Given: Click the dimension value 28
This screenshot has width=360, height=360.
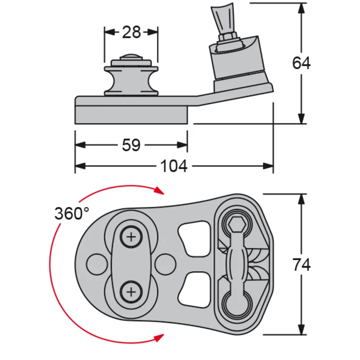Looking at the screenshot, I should (131, 32).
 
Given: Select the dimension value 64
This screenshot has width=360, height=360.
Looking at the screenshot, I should (301, 63).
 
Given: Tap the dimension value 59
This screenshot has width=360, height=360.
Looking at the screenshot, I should (131, 145).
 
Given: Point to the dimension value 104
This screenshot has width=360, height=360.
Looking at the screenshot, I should (174, 166).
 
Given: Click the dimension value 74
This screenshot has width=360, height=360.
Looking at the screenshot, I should (301, 265).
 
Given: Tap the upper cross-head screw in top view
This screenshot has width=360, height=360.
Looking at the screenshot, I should (131, 237).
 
